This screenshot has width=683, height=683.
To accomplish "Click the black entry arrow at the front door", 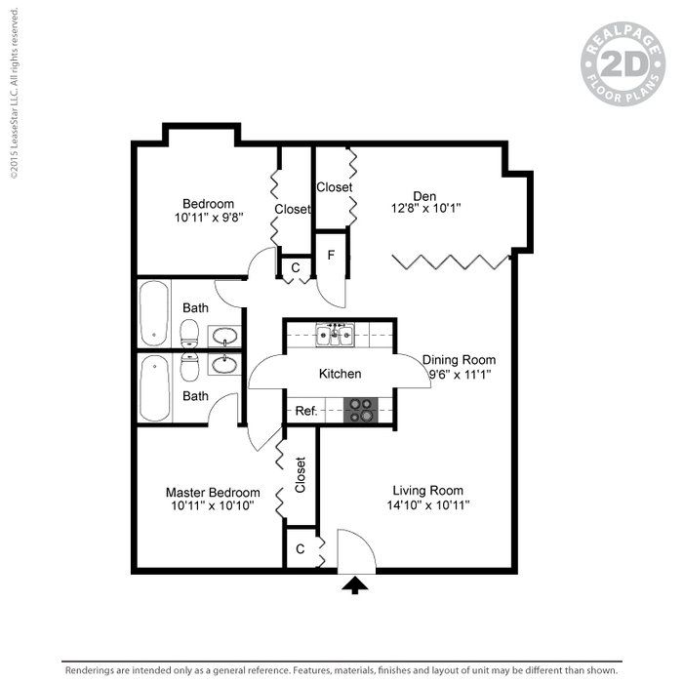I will coord(357,584).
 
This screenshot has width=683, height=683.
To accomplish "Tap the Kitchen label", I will coord(341,374).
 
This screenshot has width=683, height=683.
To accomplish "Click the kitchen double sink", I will coord(334,337).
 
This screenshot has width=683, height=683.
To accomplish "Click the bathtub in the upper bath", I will coord(155,312).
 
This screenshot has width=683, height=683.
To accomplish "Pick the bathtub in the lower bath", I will coord(155,387).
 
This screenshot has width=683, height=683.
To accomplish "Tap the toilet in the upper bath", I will coord(190,336).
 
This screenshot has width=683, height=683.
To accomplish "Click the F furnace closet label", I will coord(332,256).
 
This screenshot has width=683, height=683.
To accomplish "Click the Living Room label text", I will coord(427,490).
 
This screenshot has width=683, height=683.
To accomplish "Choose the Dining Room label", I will coord(459,359).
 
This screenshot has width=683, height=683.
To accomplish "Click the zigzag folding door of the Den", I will coord(451,261).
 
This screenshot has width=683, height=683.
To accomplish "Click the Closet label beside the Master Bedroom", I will coord(301,475).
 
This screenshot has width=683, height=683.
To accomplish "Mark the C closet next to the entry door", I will coord(301,548).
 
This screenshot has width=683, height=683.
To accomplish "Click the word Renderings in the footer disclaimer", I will coord(95,671).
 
